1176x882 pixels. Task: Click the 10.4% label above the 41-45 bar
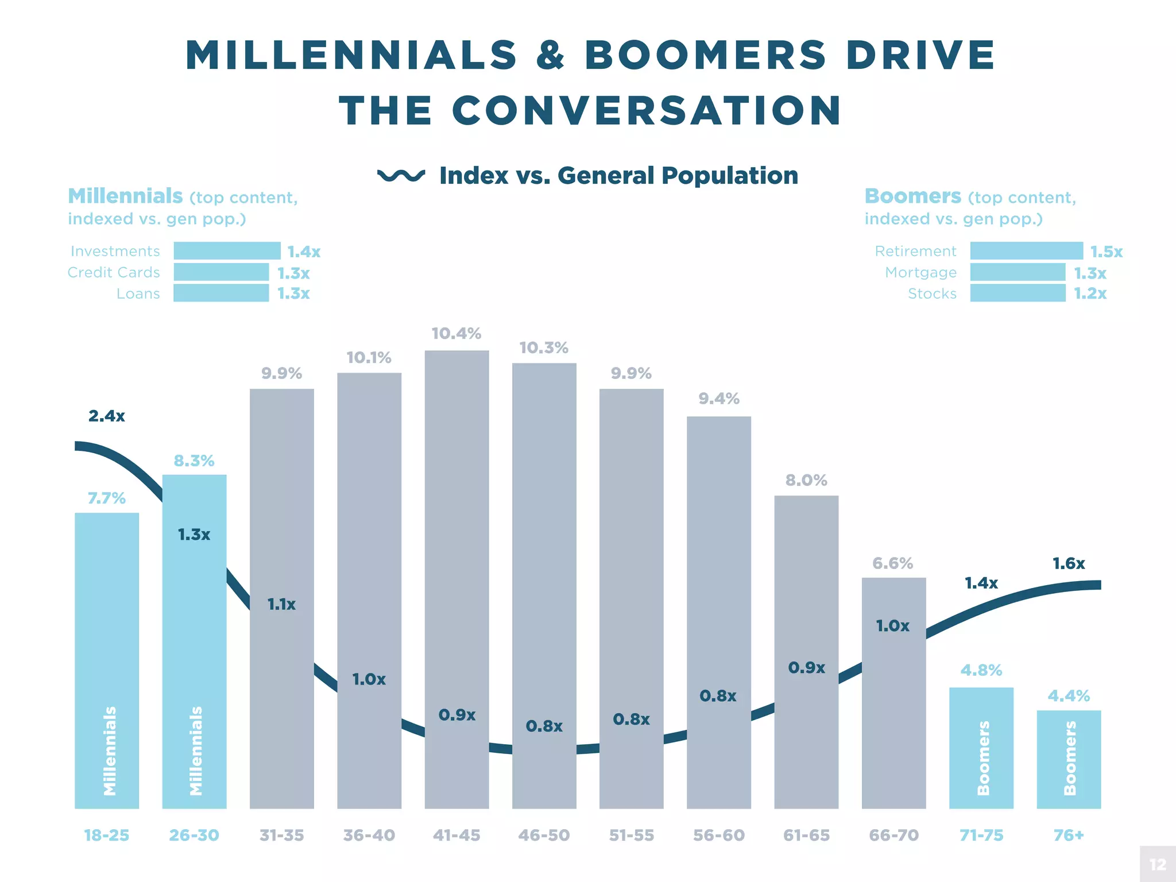tap(456, 334)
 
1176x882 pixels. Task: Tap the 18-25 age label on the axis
tap(107, 835)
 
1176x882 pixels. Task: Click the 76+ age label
tap(1069, 835)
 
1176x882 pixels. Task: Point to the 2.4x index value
tap(107, 416)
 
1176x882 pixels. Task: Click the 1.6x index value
tap(1069, 563)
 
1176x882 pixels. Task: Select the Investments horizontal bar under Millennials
tap(227, 251)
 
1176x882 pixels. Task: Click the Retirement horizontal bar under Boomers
tap(1026, 251)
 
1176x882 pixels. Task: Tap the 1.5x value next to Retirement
tap(1106, 252)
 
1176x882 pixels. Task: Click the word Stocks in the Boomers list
tap(932, 293)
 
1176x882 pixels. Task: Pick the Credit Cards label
tap(114, 272)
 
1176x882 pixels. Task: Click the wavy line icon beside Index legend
tap(401, 175)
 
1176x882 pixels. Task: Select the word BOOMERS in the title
tap(706, 55)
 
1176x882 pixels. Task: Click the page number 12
tap(1158, 864)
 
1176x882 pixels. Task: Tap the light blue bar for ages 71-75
tap(981, 746)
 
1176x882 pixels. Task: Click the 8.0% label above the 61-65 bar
tap(806, 480)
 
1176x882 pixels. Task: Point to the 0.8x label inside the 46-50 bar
tap(544, 726)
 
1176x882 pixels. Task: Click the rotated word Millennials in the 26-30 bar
tap(196, 751)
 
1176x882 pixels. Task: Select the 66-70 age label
tap(893, 835)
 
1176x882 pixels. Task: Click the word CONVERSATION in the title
tap(647, 110)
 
